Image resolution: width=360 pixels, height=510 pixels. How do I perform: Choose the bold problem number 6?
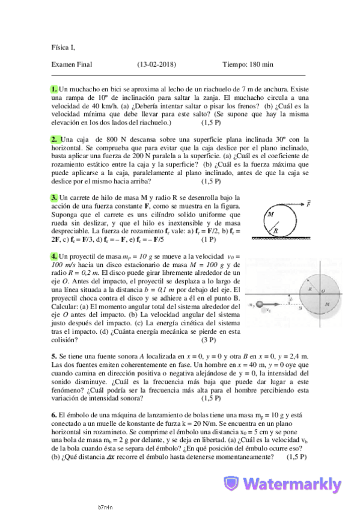54,415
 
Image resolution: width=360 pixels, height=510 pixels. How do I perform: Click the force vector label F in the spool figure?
308,203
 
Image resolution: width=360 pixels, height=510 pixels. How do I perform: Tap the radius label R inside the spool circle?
276,230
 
